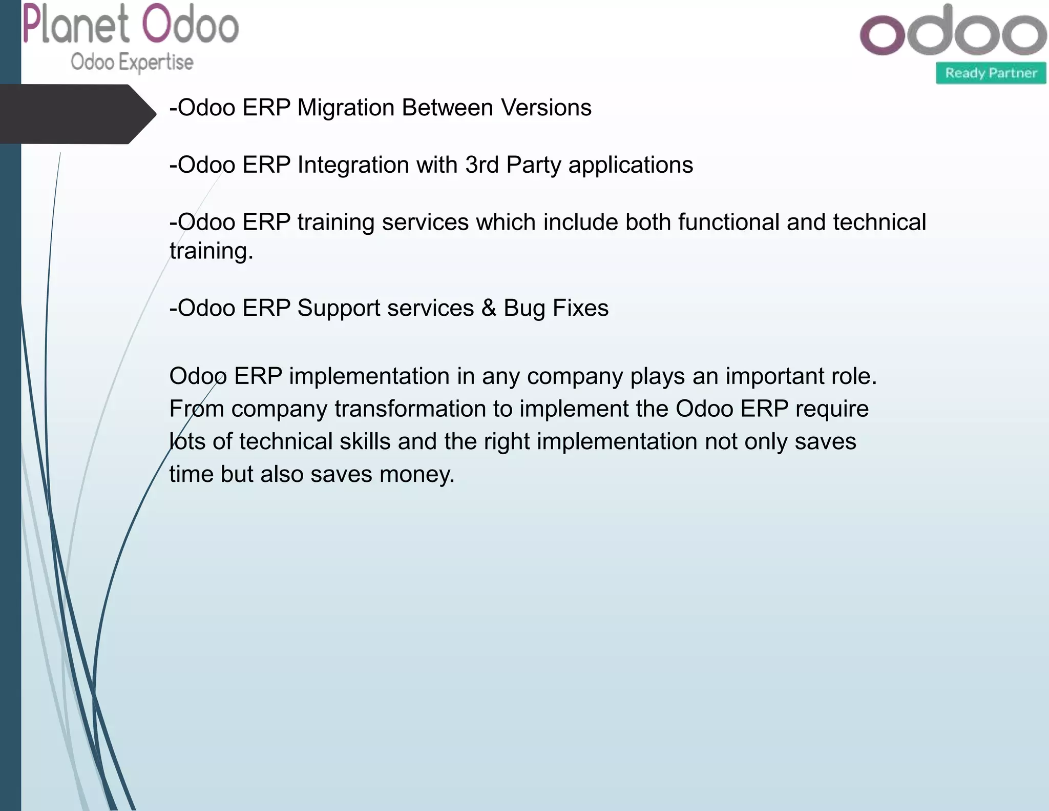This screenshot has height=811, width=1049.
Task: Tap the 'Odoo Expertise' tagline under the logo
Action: pos(132,62)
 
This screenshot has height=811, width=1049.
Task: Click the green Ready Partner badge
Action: pos(991,73)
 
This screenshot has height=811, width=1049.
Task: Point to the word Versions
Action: pos(546,108)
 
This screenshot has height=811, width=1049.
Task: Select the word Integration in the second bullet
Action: pos(353,165)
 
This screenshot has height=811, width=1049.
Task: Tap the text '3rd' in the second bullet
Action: pos(481,165)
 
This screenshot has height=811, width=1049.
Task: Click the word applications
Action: pos(631,165)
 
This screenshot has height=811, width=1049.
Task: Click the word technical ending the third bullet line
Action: pos(879,222)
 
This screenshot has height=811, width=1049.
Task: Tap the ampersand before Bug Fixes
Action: pos(489,308)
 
